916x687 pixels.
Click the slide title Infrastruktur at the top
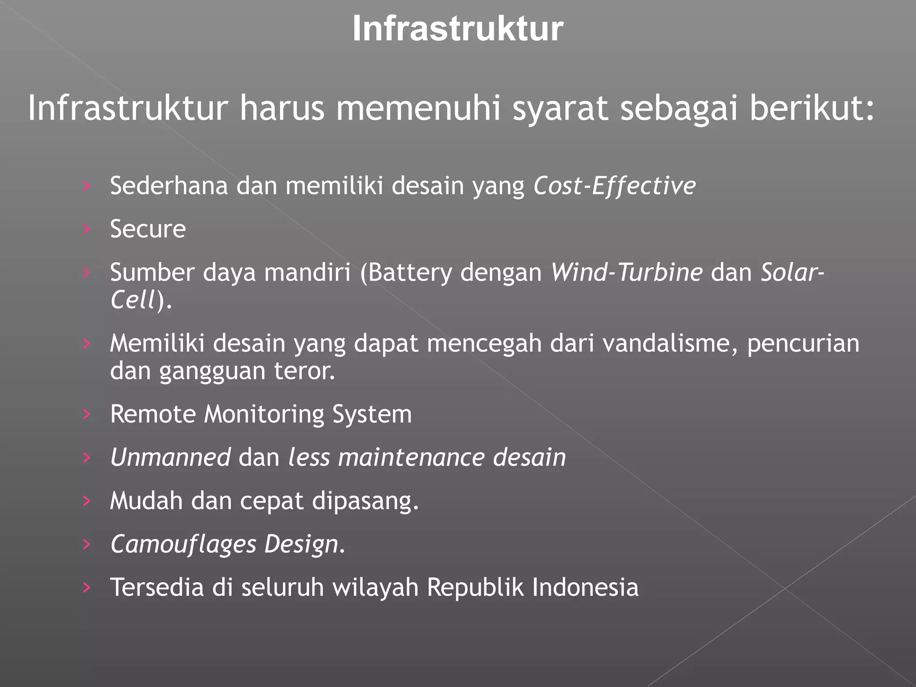coord(458,29)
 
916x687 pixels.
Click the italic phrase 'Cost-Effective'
coord(615,186)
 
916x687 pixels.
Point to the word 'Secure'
coord(148,229)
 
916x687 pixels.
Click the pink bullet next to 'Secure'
coord(87,229)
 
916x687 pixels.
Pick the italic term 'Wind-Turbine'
coord(626,272)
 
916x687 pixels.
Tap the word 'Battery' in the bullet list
coord(410,272)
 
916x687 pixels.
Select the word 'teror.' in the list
coord(304,371)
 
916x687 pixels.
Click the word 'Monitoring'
coord(264,414)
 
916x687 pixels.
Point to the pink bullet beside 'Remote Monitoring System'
coord(87,414)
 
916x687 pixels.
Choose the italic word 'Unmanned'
coord(170,457)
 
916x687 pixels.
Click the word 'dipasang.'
coord(365,501)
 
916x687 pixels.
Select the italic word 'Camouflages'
coord(183,544)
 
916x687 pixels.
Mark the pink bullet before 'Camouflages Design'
coord(87,544)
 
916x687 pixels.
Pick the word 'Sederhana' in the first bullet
coord(169,186)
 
